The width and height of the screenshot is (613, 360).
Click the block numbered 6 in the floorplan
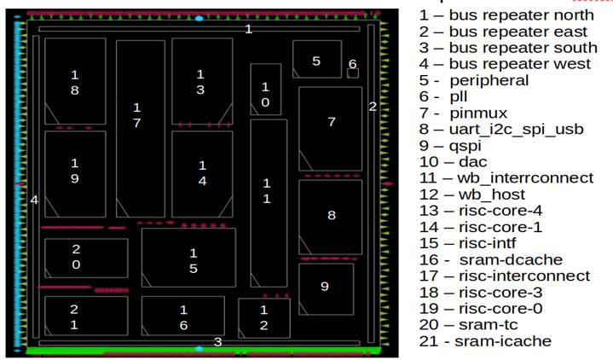tap(353, 72)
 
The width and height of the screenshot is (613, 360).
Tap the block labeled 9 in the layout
tap(325, 288)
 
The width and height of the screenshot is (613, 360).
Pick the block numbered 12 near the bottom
tap(263, 317)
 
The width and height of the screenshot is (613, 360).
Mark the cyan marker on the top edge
tap(200, 18)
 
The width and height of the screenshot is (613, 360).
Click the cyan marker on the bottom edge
tap(200, 349)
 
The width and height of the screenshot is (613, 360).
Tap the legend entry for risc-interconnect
tap(504, 276)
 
